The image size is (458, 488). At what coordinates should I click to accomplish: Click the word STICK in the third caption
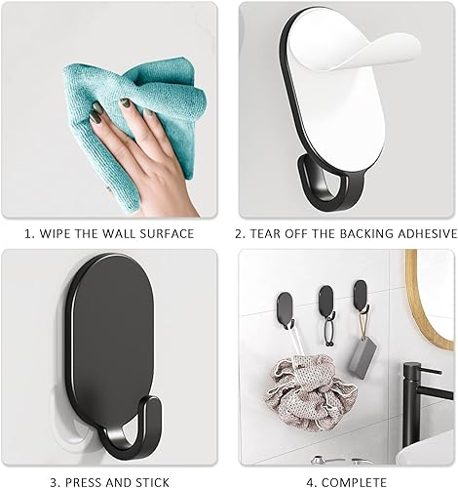pyautogui.click(x=153, y=482)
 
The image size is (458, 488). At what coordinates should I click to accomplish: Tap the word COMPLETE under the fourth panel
pyautogui.click(x=355, y=482)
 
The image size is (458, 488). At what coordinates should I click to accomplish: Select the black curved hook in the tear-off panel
pyautogui.click(x=329, y=185)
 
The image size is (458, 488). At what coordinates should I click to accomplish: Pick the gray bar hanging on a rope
pyautogui.click(x=363, y=357)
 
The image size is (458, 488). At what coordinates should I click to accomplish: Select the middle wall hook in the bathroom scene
pyautogui.click(x=325, y=301)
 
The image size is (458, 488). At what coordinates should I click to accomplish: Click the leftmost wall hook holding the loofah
pyautogui.click(x=285, y=309)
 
